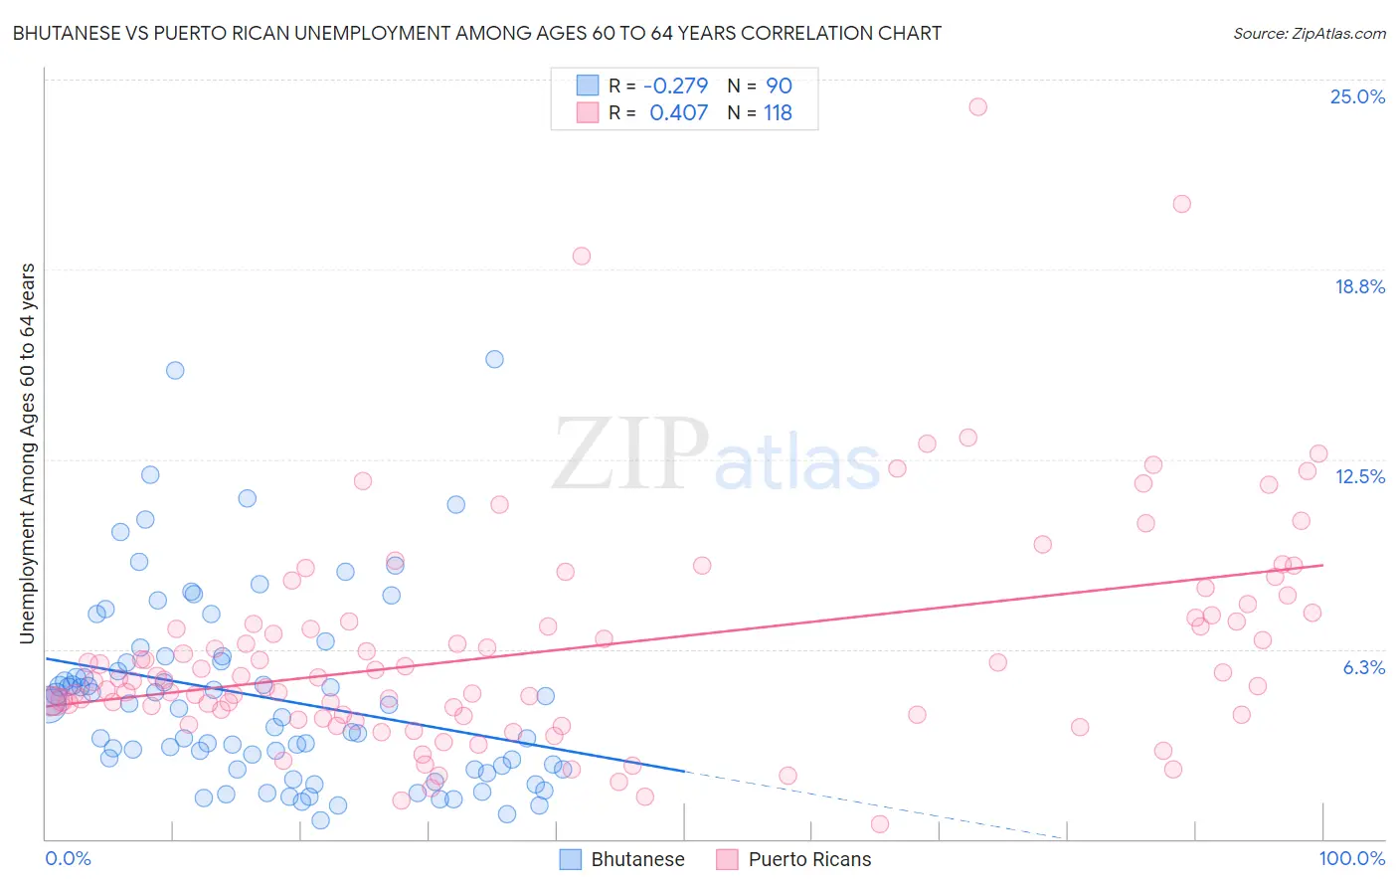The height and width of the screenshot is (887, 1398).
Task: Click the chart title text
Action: point(477,33)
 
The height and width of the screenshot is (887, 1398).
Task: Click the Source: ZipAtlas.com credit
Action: point(1309,33)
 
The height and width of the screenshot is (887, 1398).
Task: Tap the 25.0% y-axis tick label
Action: point(1357,96)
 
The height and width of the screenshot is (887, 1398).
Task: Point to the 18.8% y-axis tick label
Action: point(1359,286)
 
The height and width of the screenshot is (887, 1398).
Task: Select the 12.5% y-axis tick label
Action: point(1359,476)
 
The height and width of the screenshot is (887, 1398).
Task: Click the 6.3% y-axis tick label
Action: point(1363,667)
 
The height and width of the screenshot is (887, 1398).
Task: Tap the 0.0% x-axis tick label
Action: point(68,858)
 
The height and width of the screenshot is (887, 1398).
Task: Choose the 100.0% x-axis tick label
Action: point(1351,858)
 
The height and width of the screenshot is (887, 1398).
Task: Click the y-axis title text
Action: point(28,453)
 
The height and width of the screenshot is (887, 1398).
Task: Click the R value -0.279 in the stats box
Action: point(676,86)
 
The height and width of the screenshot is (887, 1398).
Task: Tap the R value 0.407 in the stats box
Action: point(679,112)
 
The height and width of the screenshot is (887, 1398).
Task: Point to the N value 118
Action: point(778,112)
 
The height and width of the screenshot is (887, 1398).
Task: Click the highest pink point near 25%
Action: point(977,106)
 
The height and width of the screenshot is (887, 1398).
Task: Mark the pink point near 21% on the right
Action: point(1181,204)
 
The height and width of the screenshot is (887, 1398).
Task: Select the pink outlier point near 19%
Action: point(582,256)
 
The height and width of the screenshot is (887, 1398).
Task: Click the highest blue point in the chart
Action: point(494,359)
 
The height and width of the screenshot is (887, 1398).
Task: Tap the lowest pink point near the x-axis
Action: point(879,823)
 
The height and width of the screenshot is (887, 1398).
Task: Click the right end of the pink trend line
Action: point(1322,565)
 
